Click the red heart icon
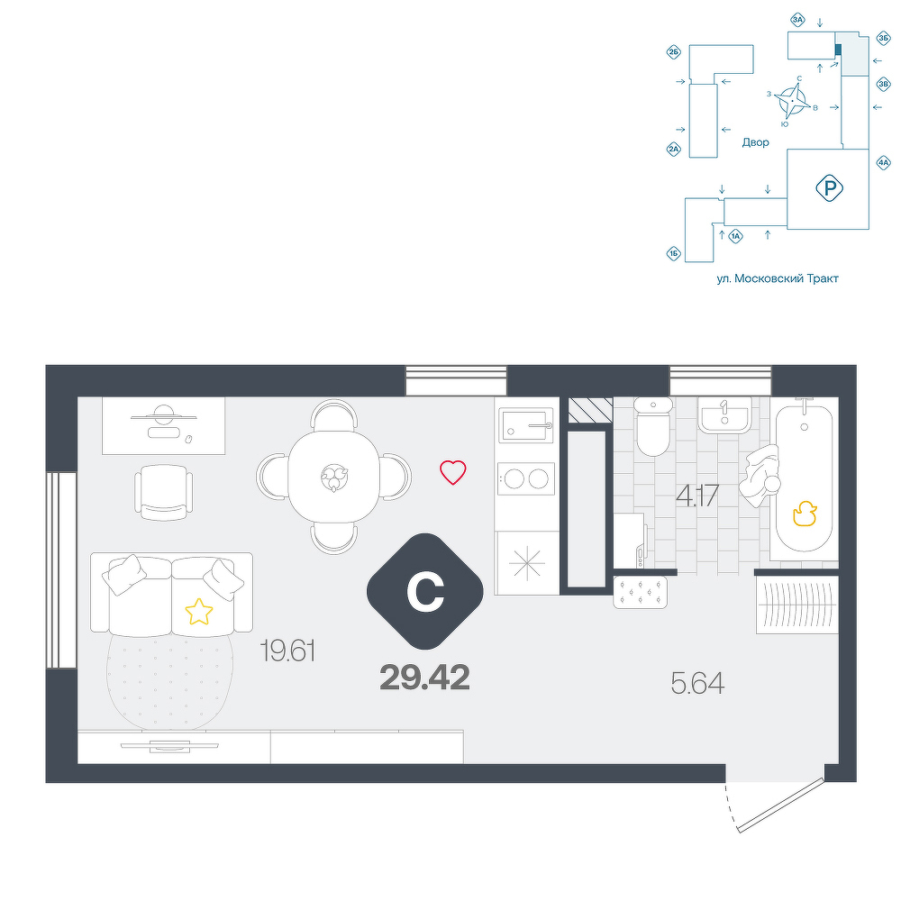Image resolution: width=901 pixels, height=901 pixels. (x=453, y=472)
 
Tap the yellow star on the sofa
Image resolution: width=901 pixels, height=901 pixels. (x=199, y=612)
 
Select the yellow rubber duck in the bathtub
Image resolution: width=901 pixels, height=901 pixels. (x=805, y=514)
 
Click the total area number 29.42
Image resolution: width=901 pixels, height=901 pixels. (x=424, y=678)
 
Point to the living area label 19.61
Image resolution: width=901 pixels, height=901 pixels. (x=288, y=651)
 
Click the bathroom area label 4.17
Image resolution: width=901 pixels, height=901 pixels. (x=697, y=496)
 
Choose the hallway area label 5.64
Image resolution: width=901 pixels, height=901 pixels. (x=697, y=683)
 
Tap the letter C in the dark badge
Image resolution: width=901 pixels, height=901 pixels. (x=425, y=592)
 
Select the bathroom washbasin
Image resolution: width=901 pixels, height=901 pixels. (x=724, y=414)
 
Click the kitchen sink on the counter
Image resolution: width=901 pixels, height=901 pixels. (x=526, y=424)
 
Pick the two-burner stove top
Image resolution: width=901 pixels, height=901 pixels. (x=526, y=478)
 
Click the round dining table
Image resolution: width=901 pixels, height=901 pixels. (x=334, y=477)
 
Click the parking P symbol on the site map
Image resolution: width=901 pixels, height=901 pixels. (x=829, y=188)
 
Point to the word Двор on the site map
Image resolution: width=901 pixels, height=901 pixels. (x=755, y=142)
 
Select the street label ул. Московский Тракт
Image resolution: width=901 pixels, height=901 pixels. (x=778, y=278)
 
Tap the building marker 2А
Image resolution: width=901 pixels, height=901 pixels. (x=673, y=150)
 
